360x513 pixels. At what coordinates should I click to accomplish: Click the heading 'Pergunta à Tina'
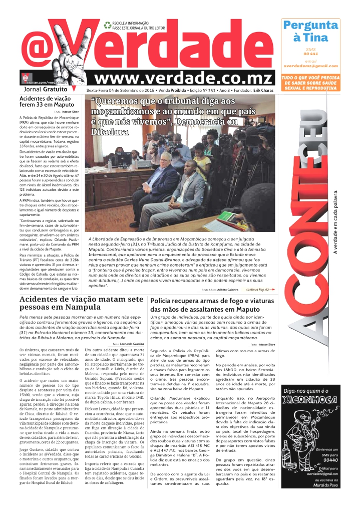[x=309, y=31]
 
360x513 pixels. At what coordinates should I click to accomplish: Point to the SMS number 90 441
[x=310, y=53]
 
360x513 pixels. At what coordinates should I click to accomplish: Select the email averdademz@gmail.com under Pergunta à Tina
[x=310, y=66]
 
